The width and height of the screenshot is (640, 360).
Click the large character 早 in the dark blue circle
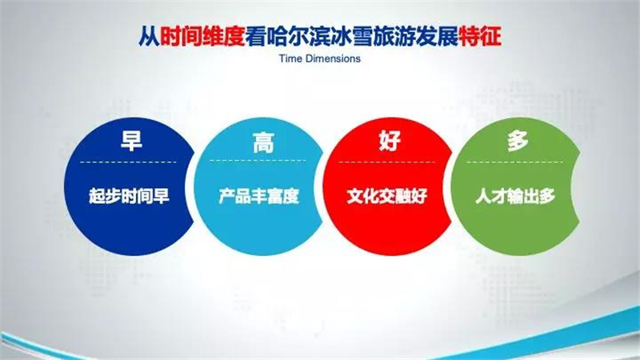[x=131, y=141]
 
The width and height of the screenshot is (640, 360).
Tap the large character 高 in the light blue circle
[x=263, y=142]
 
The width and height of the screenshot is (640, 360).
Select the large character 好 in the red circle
[x=390, y=141]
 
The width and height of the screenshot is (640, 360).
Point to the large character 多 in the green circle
[x=518, y=142]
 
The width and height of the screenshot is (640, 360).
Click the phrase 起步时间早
[x=129, y=196]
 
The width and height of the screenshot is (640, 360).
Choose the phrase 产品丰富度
[x=258, y=196]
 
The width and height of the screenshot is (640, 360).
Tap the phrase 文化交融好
[x=387, y=196]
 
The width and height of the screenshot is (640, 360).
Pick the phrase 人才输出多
[x=515, y=196]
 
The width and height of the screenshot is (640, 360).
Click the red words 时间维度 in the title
[x=202, y=36]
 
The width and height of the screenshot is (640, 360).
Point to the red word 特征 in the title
[x=480, y=36]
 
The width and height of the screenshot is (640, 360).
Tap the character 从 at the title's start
[x=149, y=36]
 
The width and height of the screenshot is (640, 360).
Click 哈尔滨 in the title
[x=298, y=36]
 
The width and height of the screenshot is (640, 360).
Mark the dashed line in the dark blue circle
[x=129, y=162]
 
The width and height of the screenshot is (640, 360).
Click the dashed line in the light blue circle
[x=258, y=161]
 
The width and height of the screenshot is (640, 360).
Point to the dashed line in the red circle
[x=387, y=162]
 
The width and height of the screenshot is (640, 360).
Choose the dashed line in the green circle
[x=515, y=162]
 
